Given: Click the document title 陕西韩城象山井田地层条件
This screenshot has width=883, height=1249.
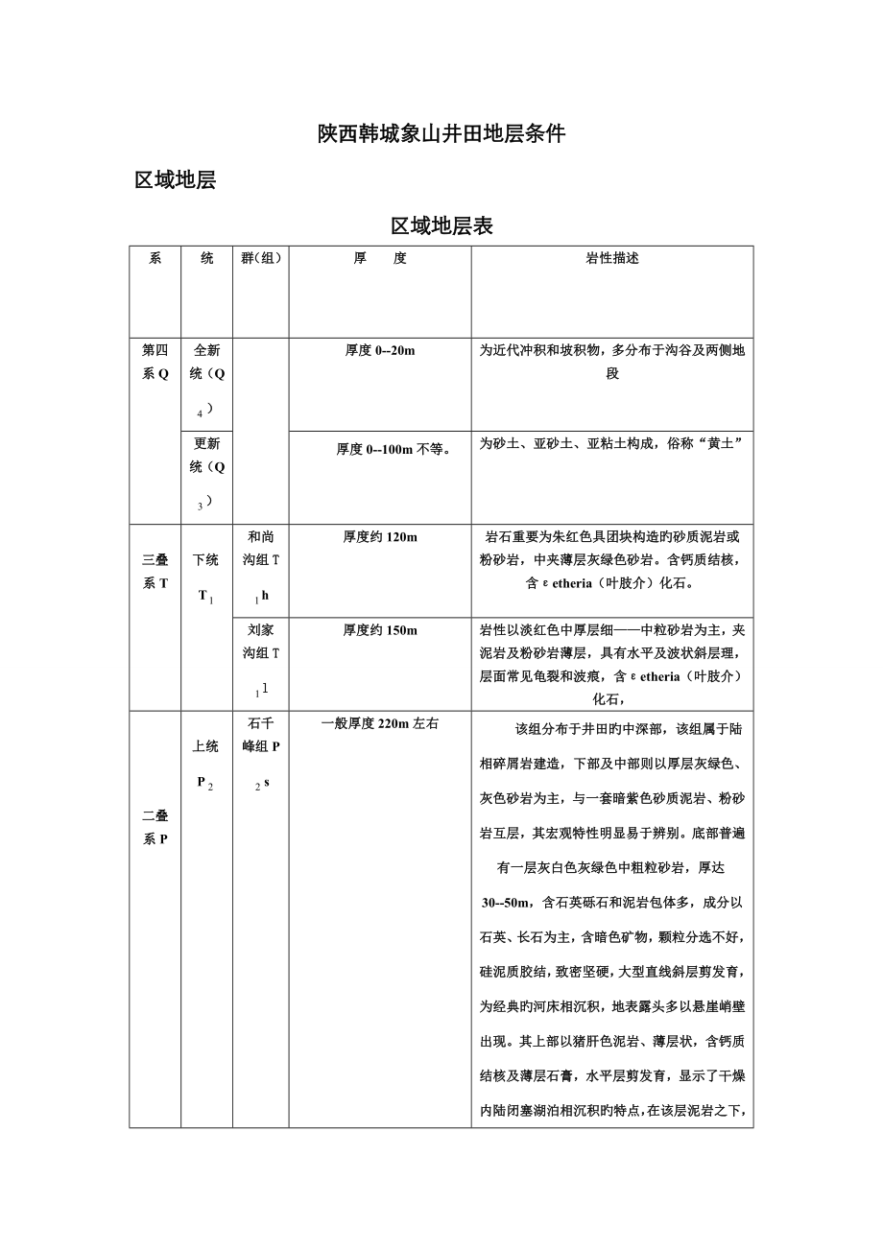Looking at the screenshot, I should tap(441, 134).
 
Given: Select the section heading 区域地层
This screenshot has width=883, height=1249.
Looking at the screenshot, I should tap(175, 180).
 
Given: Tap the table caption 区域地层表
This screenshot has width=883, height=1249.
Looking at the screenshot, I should tap(441, 226).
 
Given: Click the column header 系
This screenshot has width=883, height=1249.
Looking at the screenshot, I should tap(155, 259).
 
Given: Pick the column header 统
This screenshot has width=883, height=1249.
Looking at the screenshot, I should tap(206, 259).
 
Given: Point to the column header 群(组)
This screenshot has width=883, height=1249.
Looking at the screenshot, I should tap(260, 259).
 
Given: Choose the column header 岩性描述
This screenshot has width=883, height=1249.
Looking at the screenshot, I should tap(612, 259).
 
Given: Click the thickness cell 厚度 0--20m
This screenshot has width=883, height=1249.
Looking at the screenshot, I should tap(380, 351).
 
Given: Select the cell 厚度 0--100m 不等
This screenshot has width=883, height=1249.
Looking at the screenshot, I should tap(380, 449).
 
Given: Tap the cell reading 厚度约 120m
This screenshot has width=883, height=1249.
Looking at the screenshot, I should tap(380, 537).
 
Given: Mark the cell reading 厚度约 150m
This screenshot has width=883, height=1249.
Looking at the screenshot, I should tap(380, 630).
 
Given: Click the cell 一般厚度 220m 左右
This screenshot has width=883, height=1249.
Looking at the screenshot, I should tap(380, 723).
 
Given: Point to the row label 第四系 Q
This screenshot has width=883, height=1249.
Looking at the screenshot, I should tap(155, 363).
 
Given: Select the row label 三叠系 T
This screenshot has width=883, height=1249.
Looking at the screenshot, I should tap(155, 572).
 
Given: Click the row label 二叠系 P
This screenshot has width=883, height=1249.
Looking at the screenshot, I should tap(155, 827).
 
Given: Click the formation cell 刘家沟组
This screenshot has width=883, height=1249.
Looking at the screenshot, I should tap(260, 658).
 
